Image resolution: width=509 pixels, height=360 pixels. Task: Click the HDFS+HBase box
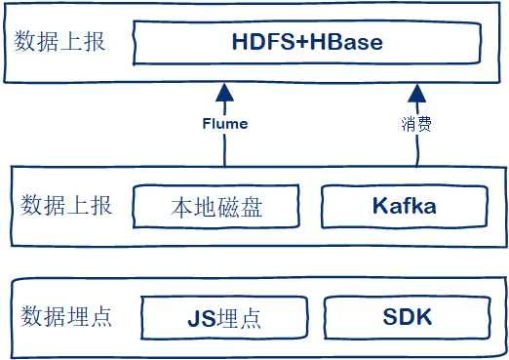(308, 44)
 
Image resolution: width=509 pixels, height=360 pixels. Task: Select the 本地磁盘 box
(216, 208)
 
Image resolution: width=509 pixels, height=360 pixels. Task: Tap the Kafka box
(404, 207)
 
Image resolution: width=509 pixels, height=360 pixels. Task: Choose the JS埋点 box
(225, 318)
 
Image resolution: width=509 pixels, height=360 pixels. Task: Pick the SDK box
(407, 318)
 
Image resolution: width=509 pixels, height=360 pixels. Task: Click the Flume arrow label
(225, 124)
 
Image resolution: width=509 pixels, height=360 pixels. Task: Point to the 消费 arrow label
(417, 125)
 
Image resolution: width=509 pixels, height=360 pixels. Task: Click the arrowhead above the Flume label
(225, 94)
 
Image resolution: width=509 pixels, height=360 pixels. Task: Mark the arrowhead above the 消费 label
(417, 94)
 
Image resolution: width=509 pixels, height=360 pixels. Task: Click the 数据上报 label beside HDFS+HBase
(59, 43)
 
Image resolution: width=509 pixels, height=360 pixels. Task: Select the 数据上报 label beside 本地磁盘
(65, 206)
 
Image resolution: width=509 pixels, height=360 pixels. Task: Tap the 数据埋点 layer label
(65, 316)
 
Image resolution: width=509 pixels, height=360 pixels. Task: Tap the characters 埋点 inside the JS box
(239, 319)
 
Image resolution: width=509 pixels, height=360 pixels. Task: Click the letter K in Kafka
(379, 207)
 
